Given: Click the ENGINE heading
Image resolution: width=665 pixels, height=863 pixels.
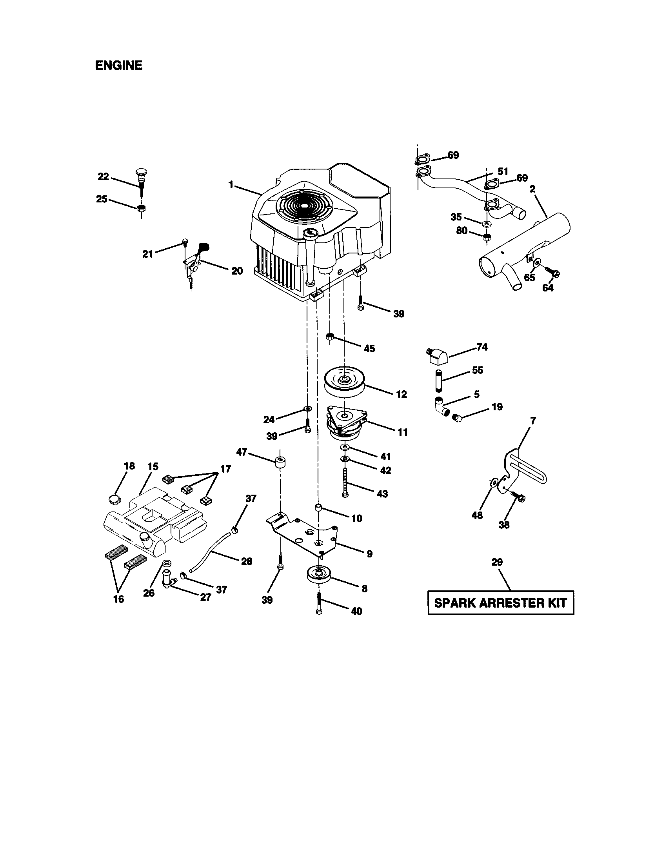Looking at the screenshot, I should (118, 65).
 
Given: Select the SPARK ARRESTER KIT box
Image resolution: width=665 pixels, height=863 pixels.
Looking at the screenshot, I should (500, 603).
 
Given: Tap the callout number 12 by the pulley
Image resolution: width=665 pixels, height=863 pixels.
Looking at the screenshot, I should (401, 394).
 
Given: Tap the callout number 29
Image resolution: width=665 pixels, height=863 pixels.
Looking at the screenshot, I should (497, 562).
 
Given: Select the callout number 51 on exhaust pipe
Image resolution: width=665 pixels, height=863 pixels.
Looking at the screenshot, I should (503, 171).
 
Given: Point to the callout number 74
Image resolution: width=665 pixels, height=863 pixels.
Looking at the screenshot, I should (482, 347).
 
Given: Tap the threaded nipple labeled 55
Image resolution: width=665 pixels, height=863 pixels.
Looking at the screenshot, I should (440, 380).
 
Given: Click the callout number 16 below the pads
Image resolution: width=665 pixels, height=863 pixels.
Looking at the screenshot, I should (118, 599).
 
